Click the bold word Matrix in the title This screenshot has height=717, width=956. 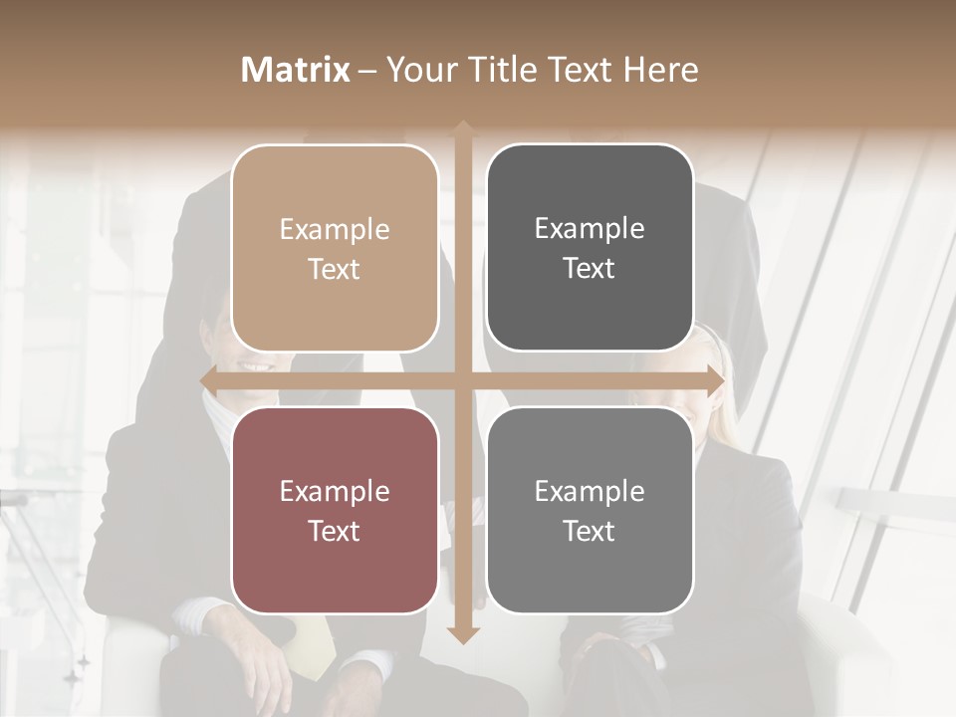[296, 70]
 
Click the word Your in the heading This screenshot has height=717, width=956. [417, 71]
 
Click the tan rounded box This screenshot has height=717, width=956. [335, 248]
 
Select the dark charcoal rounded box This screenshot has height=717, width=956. [590, 248]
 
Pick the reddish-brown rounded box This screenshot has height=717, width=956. [335, 510]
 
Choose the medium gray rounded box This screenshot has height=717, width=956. [590, 510]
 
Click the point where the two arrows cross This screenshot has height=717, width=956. [462, 380]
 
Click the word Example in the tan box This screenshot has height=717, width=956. [335, 230]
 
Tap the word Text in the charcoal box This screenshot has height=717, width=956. [590, 268]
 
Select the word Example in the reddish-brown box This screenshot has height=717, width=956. [335, 492]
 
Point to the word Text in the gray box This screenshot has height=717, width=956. [590, 531]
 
